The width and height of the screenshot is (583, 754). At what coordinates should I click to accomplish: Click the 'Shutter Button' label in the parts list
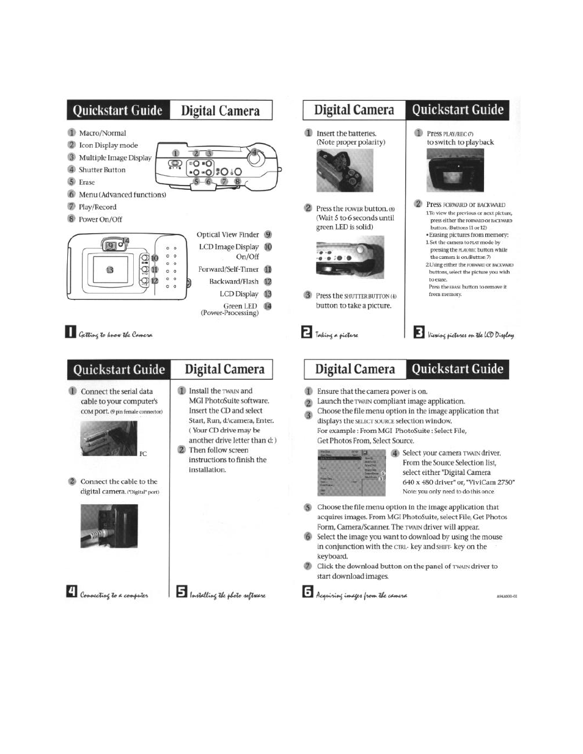click(x=102, y=170)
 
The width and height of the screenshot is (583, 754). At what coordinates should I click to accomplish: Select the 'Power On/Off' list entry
click(x=100, y=219)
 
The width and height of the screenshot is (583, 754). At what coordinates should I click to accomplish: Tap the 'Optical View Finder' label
click(x=227, y=234)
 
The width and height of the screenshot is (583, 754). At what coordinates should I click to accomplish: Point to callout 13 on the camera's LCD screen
click(x=110, y=270)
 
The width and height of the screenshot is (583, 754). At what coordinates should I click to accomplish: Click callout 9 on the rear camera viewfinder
click(x=111, y=245)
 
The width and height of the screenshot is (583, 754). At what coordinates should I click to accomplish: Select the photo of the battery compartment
click(x=335, y=172)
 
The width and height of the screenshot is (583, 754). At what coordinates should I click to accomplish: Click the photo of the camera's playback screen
click(x=451, y=170)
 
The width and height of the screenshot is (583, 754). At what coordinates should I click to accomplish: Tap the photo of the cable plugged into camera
click(x=109, y=526)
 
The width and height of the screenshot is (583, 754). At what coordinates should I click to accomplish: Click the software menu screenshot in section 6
click(x=351, y=473)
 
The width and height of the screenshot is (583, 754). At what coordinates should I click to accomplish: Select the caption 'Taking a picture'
click(x=337, y=335)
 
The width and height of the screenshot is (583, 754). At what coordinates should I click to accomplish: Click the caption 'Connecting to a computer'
click(x=114, y=594)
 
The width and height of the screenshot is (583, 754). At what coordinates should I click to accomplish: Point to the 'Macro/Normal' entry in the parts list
click(x=102, y=133)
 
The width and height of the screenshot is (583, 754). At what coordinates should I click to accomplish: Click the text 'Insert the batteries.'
click(x=346, y=133)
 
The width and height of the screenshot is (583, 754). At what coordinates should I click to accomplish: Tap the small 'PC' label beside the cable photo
click(x=143, y=454)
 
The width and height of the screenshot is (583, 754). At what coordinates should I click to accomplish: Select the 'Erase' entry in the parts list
click(x=87, y=182)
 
